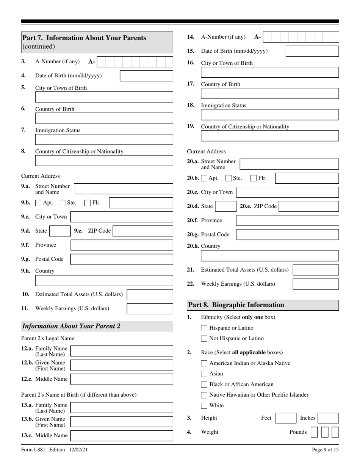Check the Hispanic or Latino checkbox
coord(204,328)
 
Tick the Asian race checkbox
coord(204,374)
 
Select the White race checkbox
coord(204,406)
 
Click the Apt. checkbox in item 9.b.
coord(38,203)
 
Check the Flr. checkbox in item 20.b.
coord(254,178)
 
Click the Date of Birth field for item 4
coord(146,76)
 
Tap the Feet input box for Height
coord(285,418)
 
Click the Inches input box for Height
coord(328,418)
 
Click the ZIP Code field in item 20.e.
coord(309,206)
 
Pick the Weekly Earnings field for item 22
coord(316,284)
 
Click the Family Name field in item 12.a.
coord(122,351)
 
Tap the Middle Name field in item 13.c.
coord(122,435)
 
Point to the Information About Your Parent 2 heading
coord(72,326)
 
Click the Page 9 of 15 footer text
coord(325,450)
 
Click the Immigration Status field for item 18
coord(270,115)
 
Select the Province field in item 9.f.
coord(122,246)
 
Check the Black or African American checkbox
coord(204,385)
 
